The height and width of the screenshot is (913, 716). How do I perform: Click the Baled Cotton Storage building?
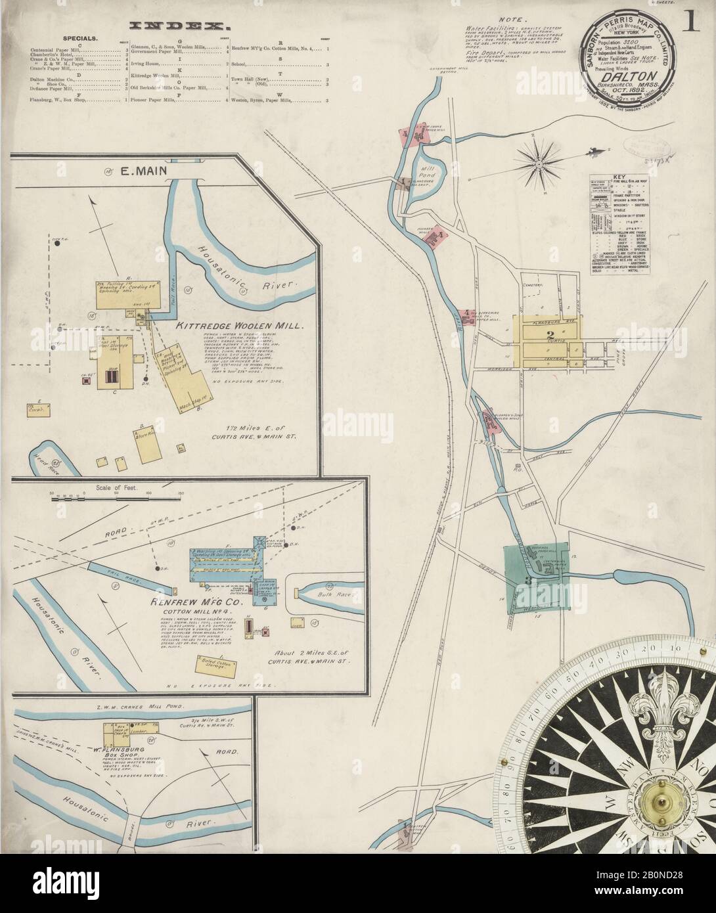214,664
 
